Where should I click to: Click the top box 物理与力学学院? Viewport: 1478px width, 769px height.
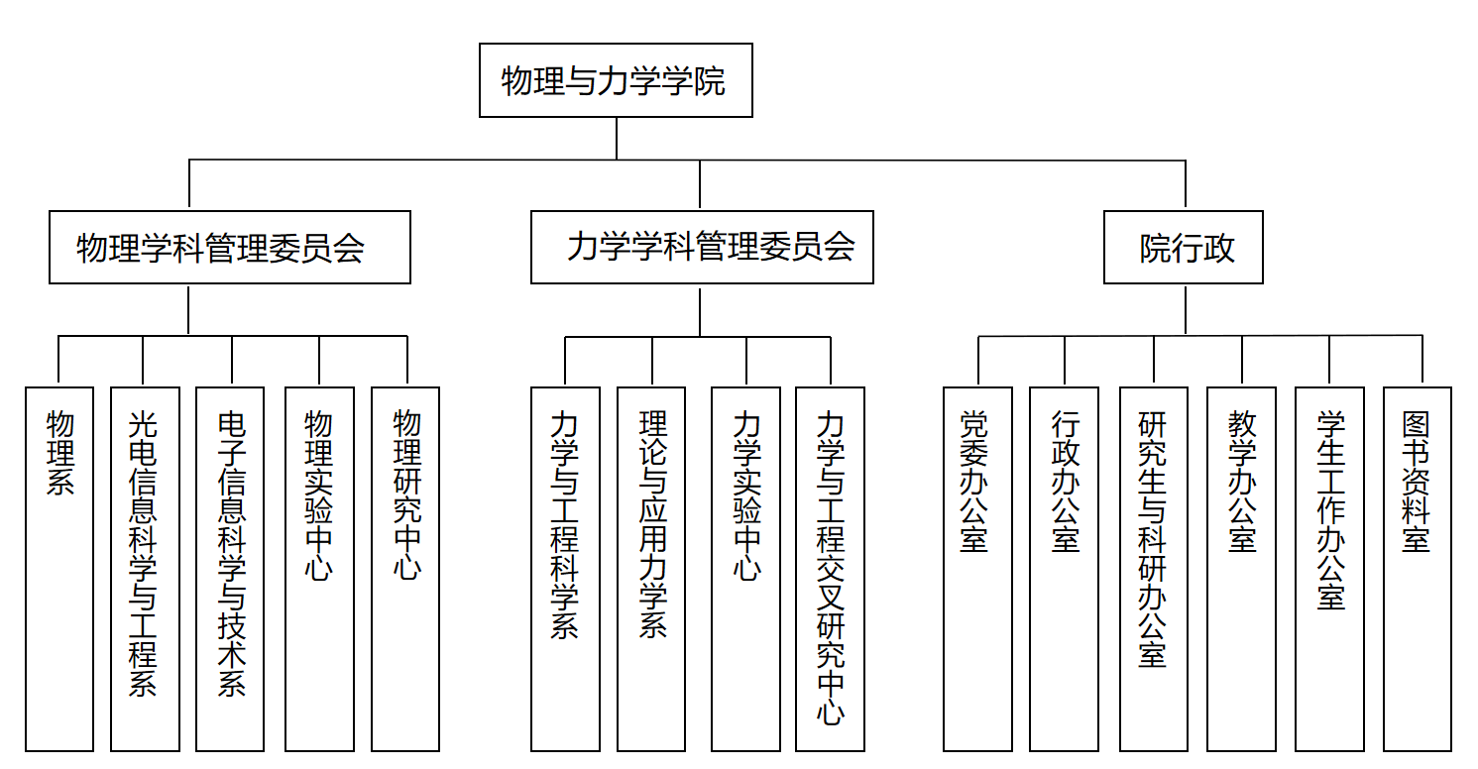[x=616, y=80]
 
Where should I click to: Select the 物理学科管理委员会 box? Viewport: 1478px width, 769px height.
[x=230, y=247]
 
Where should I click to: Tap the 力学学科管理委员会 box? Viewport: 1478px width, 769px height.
[x=702, y=247]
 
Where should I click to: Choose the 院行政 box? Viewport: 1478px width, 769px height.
[x=1184, y=247]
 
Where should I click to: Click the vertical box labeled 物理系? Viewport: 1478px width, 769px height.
[x=59, y=568]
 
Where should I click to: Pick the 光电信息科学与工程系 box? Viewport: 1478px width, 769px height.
[x=145, y=568]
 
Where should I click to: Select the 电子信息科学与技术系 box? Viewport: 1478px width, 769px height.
[x=230, y=568]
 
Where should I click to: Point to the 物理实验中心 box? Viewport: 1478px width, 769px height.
[x=319, y=568]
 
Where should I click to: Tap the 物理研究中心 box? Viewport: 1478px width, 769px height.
[x=405, y=568]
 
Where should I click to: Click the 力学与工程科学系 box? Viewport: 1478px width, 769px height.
[x=565, y=568]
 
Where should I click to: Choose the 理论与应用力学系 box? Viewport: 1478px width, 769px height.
[x=651, y=568]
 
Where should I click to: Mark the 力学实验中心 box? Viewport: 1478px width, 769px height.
[x=745, y=568]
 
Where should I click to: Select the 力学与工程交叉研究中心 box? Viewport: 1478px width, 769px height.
[x=830, y=568]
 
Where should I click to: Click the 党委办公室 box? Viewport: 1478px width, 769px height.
[x=977, y=568]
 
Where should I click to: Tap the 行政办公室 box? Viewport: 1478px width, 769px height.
[x=1064, y=568]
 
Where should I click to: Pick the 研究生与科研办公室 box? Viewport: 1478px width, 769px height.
[x=1154, y=568]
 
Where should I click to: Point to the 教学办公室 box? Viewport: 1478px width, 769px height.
[x=1241, y=568]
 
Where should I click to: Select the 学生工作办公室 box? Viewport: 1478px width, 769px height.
[x=1329, y=568]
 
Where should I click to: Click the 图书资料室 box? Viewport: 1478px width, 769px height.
[x=1418, y=568]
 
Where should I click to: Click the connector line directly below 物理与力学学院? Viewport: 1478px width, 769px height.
[x=617, y=138]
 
